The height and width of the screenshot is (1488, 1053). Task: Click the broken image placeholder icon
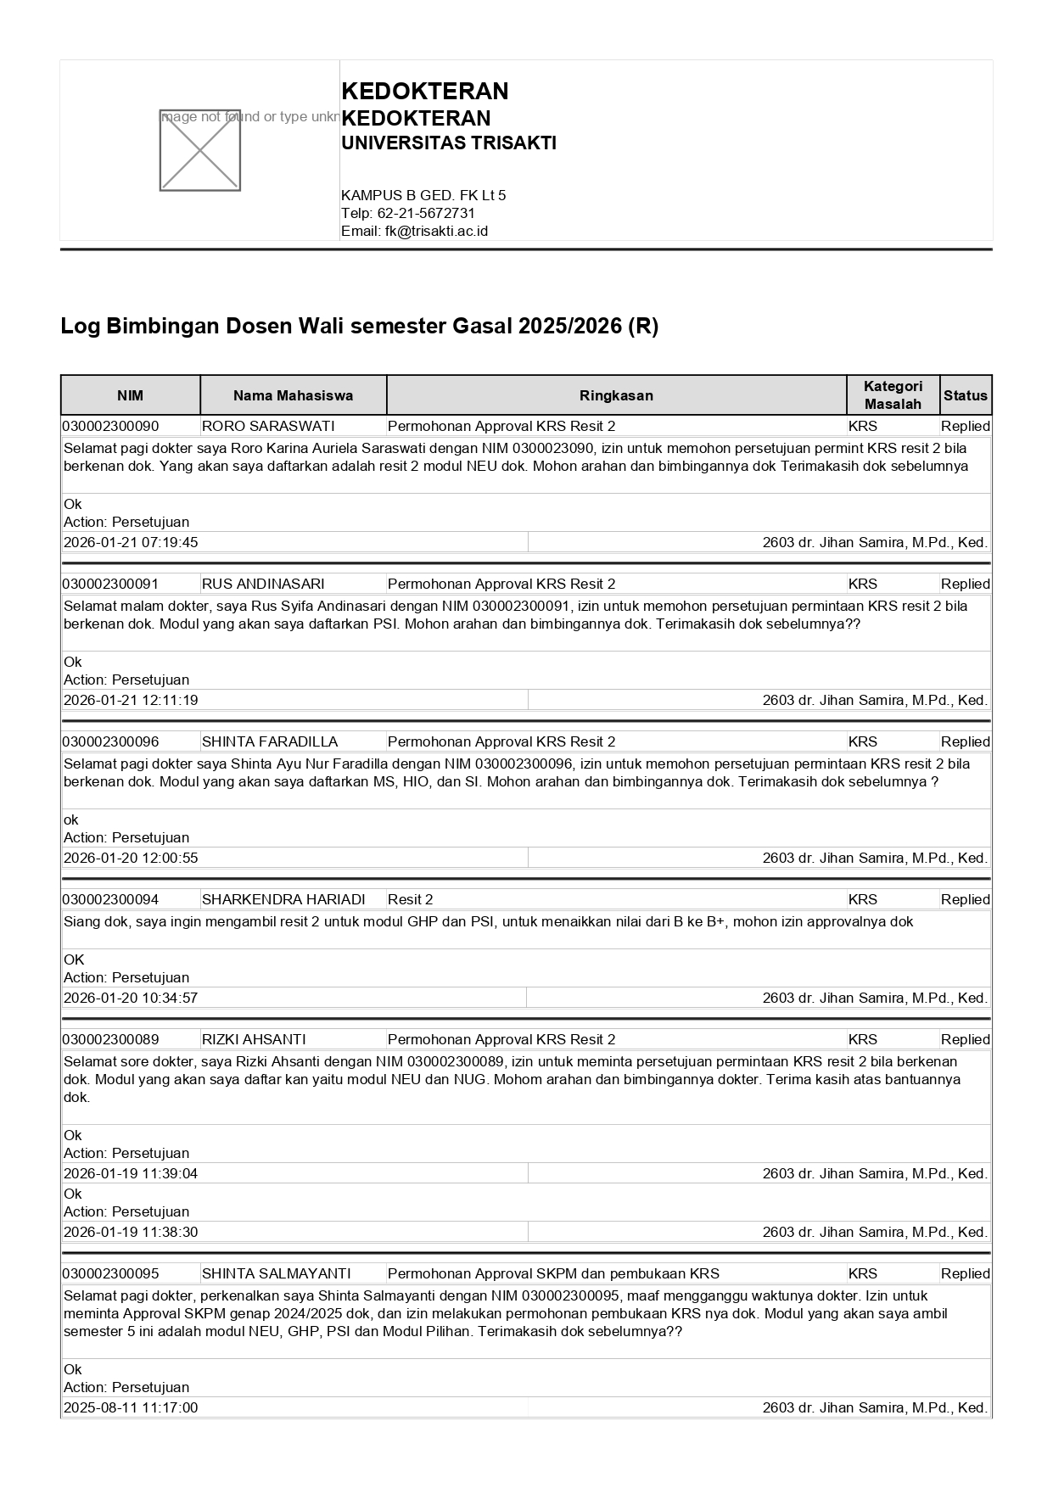(200, 150)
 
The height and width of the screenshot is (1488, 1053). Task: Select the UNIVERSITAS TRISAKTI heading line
(448, 143)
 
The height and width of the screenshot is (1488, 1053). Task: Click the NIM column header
(130, 395)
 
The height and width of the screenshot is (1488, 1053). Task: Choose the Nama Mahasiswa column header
(293, 395)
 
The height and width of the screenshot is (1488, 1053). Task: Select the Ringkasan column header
(616, 395)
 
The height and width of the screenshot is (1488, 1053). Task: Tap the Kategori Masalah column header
(893, 395)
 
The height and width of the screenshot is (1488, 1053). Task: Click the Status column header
(965, 395)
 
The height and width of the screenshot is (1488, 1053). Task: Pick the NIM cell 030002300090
(110, 426)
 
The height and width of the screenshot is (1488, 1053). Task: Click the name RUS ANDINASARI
(263, 584)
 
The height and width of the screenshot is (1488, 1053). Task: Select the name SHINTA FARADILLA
(270, 741)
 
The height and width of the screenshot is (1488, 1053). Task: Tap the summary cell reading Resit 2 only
(411, 899)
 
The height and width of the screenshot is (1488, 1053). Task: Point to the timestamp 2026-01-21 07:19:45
(131, 542)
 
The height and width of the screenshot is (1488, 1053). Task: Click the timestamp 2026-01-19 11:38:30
(131, 1232)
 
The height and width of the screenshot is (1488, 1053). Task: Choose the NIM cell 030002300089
(110, 1039)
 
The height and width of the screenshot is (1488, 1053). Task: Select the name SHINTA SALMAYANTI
(276, 1273)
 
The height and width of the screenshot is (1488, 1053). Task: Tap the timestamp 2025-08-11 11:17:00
(131, 1407)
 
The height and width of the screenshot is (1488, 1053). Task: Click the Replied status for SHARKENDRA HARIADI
(965, 899)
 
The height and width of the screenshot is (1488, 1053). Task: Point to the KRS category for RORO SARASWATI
(863, 426)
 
